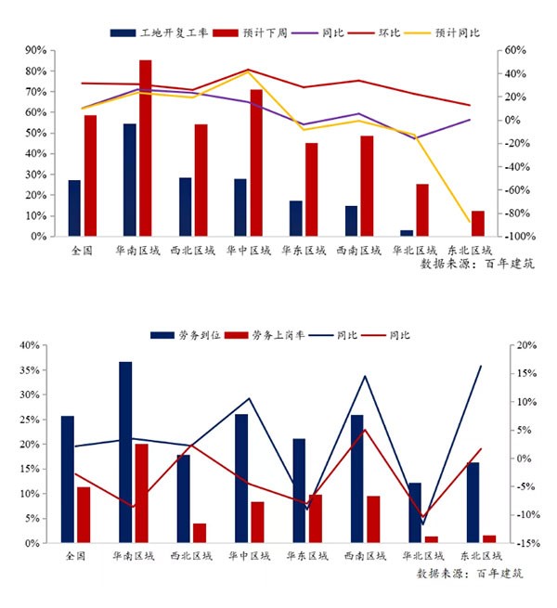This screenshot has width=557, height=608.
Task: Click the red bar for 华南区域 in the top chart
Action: [x=146, y=149]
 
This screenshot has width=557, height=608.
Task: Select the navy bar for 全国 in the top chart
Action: [x=74, y=209]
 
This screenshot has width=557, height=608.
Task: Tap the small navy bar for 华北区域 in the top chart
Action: [x=407, y=233]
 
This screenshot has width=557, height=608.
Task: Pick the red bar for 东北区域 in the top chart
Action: [x=478, y=224]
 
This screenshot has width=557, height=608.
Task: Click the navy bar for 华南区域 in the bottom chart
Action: [x=125, y=452]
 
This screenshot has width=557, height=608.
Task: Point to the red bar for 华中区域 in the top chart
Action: [x=256, y=163]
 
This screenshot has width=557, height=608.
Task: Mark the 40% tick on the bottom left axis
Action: [x=28, y=345]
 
